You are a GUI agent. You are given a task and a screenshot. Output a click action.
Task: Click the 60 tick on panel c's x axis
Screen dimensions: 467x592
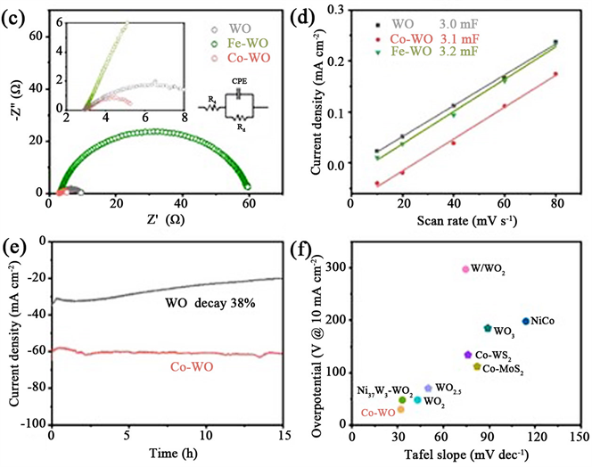[x=248, y=204]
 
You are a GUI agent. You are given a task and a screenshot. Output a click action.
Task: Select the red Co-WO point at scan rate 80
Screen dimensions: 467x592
[x=555, y=74]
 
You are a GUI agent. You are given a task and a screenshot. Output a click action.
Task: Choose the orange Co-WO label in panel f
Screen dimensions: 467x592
[x=378, y=414]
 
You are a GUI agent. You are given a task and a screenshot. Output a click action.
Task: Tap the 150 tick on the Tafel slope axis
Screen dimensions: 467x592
[x=580, y=437]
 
